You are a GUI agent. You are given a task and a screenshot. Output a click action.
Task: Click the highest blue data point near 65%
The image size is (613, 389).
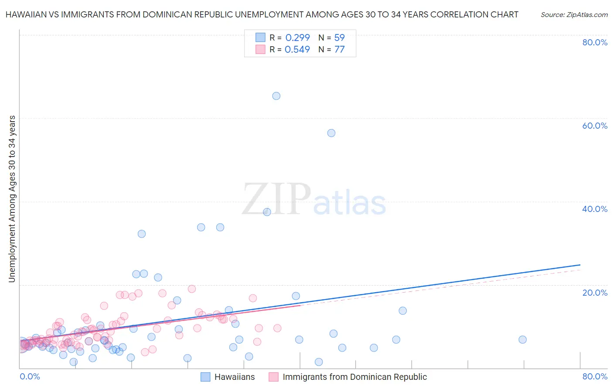tap(276, 96)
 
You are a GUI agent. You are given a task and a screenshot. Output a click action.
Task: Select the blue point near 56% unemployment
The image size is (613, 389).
tap(331, 133)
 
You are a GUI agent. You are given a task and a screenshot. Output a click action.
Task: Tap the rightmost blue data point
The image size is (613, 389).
tap(522, 340)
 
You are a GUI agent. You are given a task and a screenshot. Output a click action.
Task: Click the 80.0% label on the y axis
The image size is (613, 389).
tap(595, 42)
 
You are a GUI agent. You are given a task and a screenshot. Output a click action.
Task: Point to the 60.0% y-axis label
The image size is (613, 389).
tap(595, 126)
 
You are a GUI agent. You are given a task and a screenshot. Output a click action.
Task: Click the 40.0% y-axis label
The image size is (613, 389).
tap(595, 209)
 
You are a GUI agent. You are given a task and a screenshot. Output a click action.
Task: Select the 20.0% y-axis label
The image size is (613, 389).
tap(595, 293)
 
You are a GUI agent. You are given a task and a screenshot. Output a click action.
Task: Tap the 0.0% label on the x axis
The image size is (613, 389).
tap(30, 376)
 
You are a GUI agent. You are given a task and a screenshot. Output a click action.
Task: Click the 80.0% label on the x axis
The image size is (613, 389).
tap(595, 376)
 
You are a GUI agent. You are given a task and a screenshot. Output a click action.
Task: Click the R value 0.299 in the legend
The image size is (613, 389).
tap(297, 38)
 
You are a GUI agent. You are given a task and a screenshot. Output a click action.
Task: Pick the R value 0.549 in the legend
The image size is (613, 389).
tap(297, 50)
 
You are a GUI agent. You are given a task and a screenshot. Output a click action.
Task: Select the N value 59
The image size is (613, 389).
tap(339, 38)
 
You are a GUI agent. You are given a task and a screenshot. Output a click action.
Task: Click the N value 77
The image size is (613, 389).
tap(339, 50)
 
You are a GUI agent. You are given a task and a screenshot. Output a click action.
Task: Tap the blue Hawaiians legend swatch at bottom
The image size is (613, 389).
tap(205, 377)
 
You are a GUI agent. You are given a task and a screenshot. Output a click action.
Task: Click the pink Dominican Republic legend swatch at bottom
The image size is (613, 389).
tap(273, 377)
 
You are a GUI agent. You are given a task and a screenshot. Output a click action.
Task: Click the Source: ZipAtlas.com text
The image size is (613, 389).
tap(574, 15)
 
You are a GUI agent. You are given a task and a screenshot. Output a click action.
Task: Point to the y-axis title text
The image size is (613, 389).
tap(12, 199)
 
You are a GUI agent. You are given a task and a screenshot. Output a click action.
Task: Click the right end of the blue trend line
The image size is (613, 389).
tap(580, 265)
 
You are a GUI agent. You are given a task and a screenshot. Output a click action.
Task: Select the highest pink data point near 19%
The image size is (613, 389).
tap(192, 289)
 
